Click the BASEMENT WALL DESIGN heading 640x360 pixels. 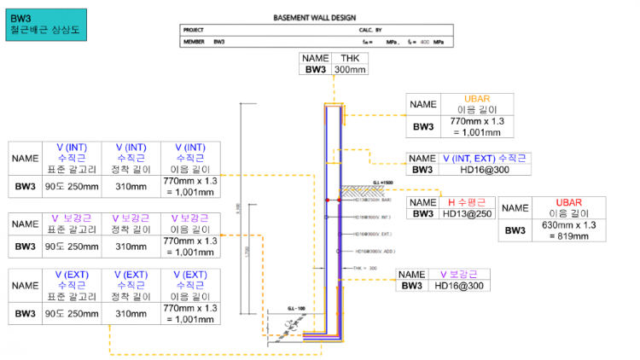[x=315, y=17]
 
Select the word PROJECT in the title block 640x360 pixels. [x=194, y=30]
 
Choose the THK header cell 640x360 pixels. [x=350, y=58]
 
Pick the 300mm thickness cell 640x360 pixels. [x=350, y=70]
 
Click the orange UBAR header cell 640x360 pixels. [x=476, y=104]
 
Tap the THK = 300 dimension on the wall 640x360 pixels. [x=365, y=267]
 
